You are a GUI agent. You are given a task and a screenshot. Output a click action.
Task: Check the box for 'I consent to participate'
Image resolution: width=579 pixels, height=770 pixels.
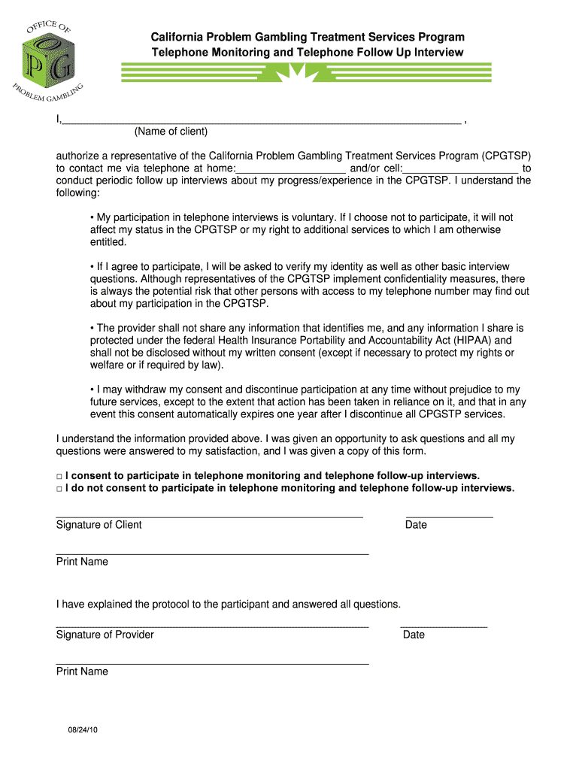click(59, 476)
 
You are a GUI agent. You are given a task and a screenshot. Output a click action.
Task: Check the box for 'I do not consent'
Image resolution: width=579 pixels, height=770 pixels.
click(59, 489)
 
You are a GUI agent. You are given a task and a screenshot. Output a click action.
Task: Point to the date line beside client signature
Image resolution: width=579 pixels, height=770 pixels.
click(449, 517)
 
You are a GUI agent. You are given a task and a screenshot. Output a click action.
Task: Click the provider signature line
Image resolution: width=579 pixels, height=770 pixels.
click(212, 626)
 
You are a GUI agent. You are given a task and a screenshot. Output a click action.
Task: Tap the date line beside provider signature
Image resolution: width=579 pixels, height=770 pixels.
click(444, 626)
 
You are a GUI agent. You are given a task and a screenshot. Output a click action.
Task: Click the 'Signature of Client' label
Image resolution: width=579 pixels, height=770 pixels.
click(99, 525)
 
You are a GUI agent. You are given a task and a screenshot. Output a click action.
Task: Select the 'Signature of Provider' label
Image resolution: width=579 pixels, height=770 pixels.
click(105, 635)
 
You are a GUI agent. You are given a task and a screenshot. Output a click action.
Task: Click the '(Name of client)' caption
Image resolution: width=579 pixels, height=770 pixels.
click(171, 132)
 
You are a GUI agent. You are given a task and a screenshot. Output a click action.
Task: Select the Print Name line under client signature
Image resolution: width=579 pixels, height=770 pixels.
click(212, 554)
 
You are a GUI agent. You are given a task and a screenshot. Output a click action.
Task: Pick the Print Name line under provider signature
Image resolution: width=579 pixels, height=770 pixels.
click(212, 663)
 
